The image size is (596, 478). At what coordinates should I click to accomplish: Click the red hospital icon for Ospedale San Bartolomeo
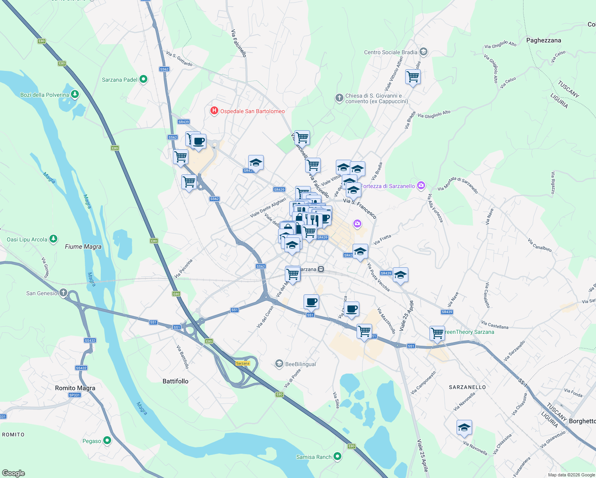[214, 111]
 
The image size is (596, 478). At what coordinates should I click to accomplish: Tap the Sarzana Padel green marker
[143, 79]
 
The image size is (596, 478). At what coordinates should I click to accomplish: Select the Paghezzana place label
[543, 40]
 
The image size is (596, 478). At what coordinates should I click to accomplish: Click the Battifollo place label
[175, 381]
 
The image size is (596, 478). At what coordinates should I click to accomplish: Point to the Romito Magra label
[75, 388]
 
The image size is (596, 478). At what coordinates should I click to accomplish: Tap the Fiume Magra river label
[83, 247]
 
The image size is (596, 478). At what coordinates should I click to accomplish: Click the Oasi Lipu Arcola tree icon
[53, 239]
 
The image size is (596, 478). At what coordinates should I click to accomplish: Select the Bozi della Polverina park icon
[75, 94]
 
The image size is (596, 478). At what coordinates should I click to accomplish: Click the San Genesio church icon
[63, 293]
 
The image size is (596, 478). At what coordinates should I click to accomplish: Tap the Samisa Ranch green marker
[337, 456]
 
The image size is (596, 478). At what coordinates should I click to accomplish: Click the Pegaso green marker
[107, 441]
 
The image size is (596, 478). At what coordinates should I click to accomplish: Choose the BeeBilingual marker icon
[279, 364]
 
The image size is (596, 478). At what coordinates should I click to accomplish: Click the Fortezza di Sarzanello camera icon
[421, 186]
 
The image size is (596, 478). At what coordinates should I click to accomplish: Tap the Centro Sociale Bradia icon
[423, 52]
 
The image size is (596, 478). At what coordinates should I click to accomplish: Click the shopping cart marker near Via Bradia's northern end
[413, 77]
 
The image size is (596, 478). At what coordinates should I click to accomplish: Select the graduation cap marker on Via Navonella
[464, 428]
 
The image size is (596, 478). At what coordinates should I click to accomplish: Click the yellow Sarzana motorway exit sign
[242, 363]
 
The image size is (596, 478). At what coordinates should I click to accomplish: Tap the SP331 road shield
[74, 395]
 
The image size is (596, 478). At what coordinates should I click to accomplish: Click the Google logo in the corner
[13, 473]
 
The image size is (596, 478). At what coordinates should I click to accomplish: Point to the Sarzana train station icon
[321, 269]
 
